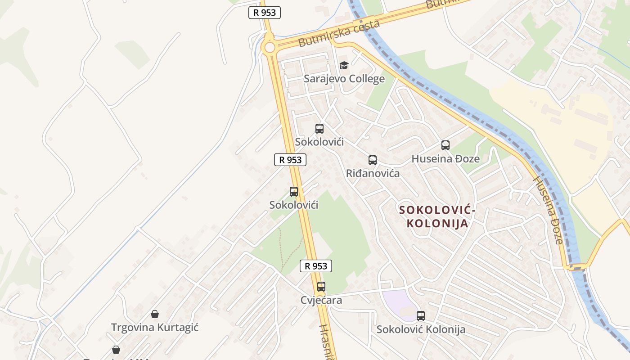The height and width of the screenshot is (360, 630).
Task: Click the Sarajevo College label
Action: tap(344, 79)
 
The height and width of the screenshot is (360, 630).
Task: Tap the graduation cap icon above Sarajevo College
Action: tap(344, 66)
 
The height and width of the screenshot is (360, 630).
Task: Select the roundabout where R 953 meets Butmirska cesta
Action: tap(270, 47)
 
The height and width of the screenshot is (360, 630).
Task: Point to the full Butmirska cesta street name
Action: tap(339, 34)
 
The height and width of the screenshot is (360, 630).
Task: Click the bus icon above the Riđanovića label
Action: tap(373, 160)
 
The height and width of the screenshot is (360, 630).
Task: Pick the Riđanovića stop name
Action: tap(373, 173)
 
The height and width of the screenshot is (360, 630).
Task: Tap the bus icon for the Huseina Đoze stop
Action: tap(445, 145)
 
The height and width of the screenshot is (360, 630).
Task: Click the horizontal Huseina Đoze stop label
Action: tap(445, 159)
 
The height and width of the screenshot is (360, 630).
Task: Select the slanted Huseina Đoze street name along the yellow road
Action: tap(548, 210)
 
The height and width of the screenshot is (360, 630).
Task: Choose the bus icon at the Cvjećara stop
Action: tap(321, 287)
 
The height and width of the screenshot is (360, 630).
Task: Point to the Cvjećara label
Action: tap(321, 300)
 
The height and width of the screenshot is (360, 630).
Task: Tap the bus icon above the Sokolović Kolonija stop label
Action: tap(421, 316)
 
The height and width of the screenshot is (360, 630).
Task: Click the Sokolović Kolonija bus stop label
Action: tap(421, 329)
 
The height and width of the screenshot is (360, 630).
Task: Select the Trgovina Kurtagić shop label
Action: tap(155, 327)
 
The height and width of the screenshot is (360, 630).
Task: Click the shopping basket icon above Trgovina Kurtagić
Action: tap(155, 314)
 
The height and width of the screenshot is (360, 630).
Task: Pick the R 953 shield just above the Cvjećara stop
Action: tap(316, 266)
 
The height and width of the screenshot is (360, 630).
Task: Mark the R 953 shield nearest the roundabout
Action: tap(265, 13)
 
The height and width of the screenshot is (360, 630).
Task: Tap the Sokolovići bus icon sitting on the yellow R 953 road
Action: tap(294, 192)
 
